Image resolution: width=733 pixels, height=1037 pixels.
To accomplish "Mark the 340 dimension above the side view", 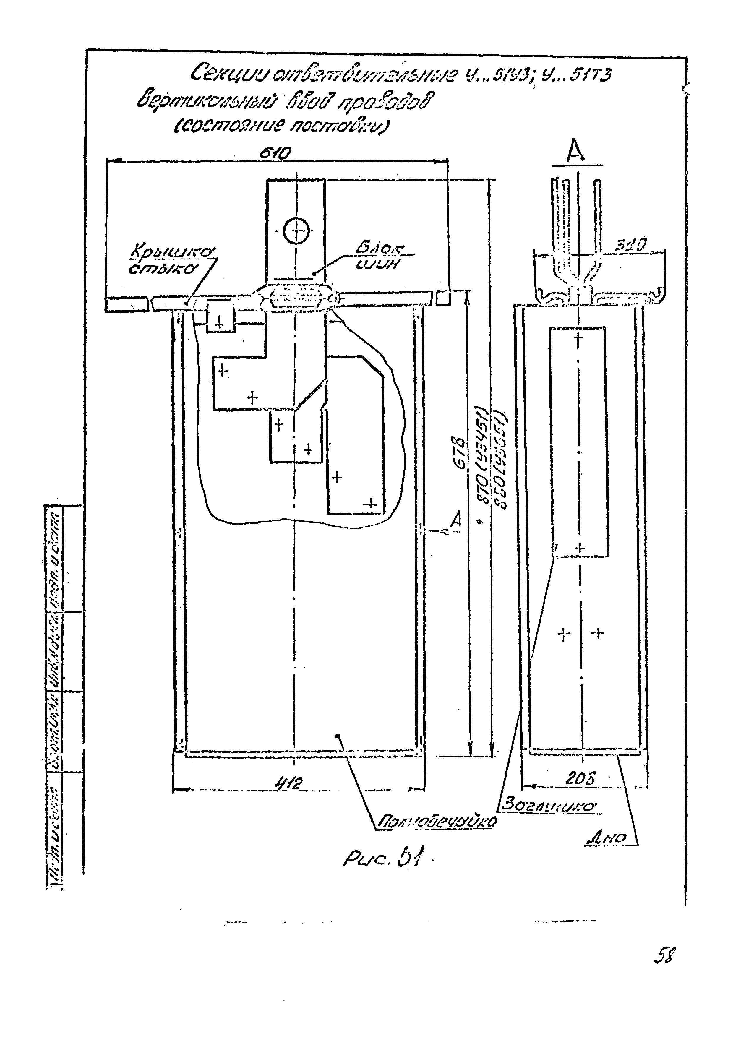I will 632,245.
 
